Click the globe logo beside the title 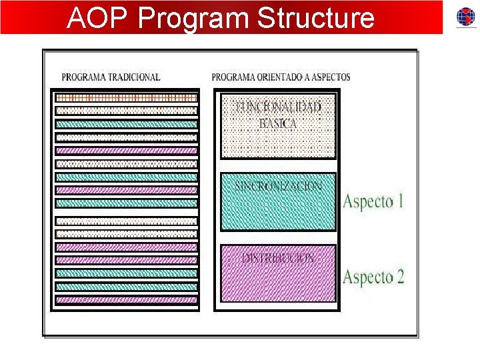(x=465, y=17)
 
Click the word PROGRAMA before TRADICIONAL (x=82, y=77)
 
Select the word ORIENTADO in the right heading (x=283, y=77)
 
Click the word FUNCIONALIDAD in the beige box (x=279, y=107)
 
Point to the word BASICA (x=279, y=124)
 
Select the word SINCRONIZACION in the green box (x=279, y=185)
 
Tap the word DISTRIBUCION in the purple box (x=279, y=258)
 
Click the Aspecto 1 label (x=373, y=201)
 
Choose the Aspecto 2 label (x=373, y=277)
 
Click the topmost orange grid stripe (x=126, y=97)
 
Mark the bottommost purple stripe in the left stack (x=126, y=301)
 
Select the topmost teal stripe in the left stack (x=126, y=124)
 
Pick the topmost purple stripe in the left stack (x=126, y=150)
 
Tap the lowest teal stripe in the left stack (x=126, y=287)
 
